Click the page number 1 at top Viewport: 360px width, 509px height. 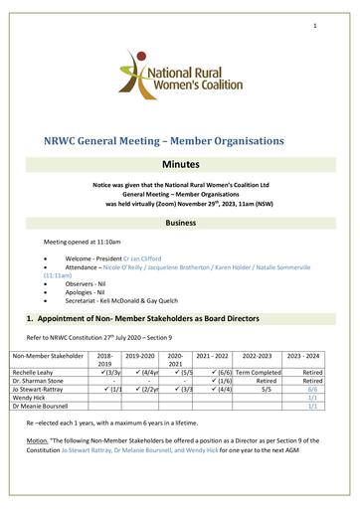point(314,25)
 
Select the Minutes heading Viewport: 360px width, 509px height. point(180,161)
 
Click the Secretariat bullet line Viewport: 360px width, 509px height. point(130,306)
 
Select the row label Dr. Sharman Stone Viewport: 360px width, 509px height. point(37,380)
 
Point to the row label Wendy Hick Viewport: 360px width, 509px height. point(28,398)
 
